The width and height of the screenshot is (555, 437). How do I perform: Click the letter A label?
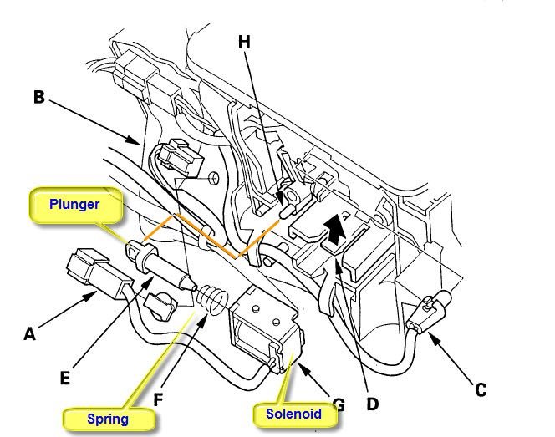[29, 334]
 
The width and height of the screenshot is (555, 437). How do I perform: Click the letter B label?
[38, 97]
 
